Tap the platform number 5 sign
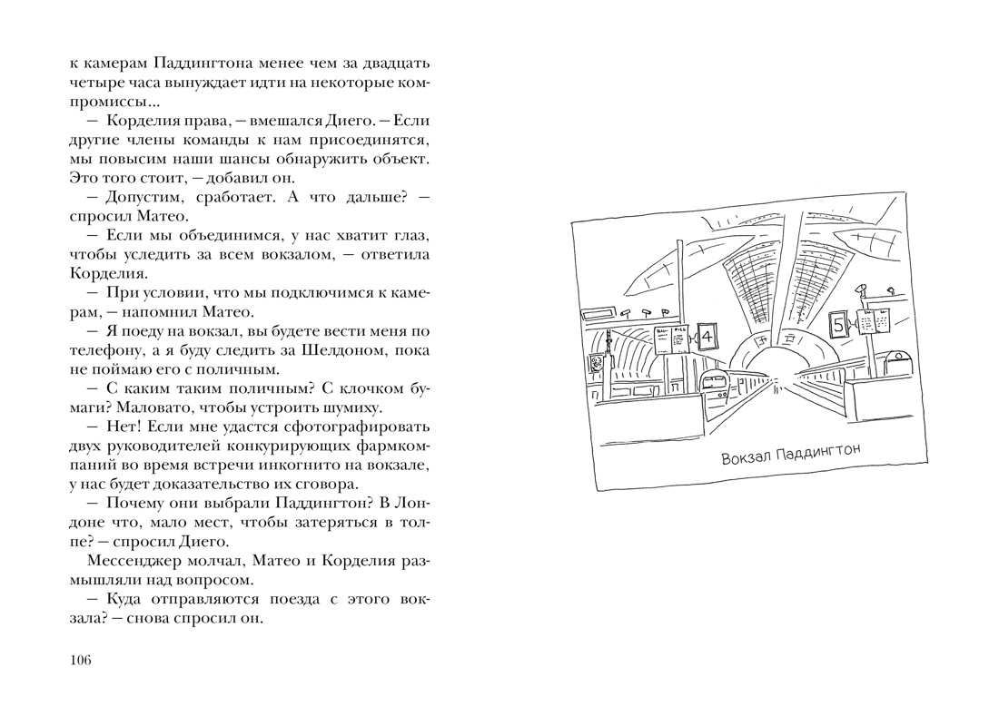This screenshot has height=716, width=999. coord(838,323)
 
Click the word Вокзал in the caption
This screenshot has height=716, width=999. coord(745,457)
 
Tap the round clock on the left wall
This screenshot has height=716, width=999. coord(597,363)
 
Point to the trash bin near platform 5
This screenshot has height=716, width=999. coord(900,361)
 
